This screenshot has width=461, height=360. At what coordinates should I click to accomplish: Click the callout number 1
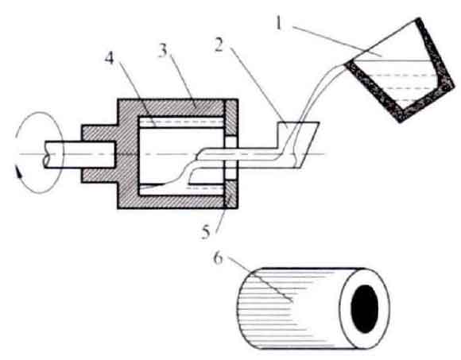pyautogui.click(x=279, y=23)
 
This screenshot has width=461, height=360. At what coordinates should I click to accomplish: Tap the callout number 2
pyautogui.click(x=219, y=45)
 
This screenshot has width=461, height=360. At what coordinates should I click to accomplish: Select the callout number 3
pyautogui.click(x=163, y=51)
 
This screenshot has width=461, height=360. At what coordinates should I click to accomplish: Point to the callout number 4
pyautogui.click(x=110, y=59)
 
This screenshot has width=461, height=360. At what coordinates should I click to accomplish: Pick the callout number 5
pyautogui.click(x=206, y=232)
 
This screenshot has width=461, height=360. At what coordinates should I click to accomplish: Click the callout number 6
pyautogui.click(x=218, y=258)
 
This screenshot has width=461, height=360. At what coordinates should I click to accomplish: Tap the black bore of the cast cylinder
pyautogui.click(x=365, y=309)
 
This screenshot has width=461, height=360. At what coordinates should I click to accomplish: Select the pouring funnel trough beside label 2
pyautogui.click(x=297, y=145)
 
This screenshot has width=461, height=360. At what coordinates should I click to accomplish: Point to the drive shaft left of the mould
pyautogui.click(x=79, y=155)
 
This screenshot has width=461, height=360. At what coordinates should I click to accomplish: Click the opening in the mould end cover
pyautogui.click(x=231, y=157)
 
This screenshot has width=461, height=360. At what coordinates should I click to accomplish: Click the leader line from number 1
pyautogui.click(x=337, y=41)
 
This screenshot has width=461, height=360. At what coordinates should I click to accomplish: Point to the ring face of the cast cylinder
pyautogui.click(x=365, y=309)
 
